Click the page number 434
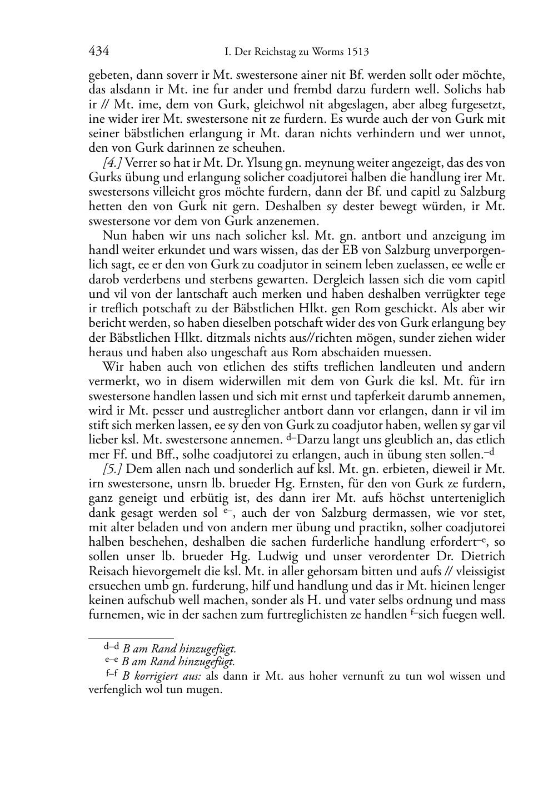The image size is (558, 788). pyautogui.click(x=98, y=52)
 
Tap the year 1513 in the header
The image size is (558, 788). pyautogui.click(x=357, y=52)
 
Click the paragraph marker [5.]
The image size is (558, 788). pyautogui.click(x=114, y=468)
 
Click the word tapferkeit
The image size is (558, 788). pyautogui.click(x=380, y=396)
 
